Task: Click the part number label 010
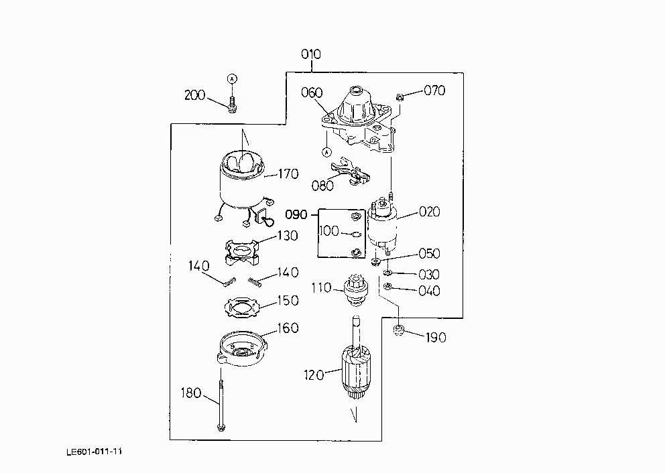[311, 54]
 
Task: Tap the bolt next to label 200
[231, 105]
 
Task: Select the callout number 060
[312, 93]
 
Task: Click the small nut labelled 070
[400, 98]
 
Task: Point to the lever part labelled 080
[351, 171]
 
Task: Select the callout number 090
[296, 214]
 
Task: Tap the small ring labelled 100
[357, 234]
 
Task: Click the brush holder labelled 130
[241, 252]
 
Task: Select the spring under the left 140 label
[229, 282]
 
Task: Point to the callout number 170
[288, 174]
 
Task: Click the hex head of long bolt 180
[221, 427]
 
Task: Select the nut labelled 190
[398, 330]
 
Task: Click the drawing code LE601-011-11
[94, 452]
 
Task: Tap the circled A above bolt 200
[232, 78]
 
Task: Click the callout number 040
[429, 291]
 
